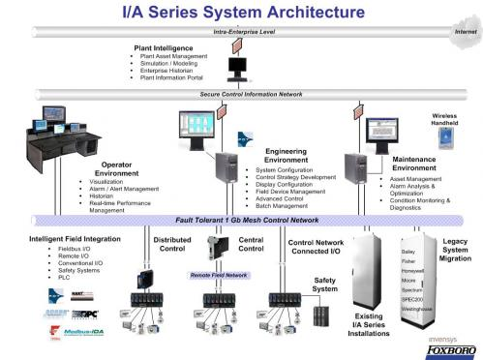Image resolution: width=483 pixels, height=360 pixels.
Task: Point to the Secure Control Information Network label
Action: (x=251, y=94)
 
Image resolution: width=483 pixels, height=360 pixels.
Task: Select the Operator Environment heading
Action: (x=117, y=169)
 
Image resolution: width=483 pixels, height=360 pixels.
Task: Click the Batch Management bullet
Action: (x=282, y=206)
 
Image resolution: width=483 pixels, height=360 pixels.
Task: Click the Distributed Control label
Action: (x=172, y=244)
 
